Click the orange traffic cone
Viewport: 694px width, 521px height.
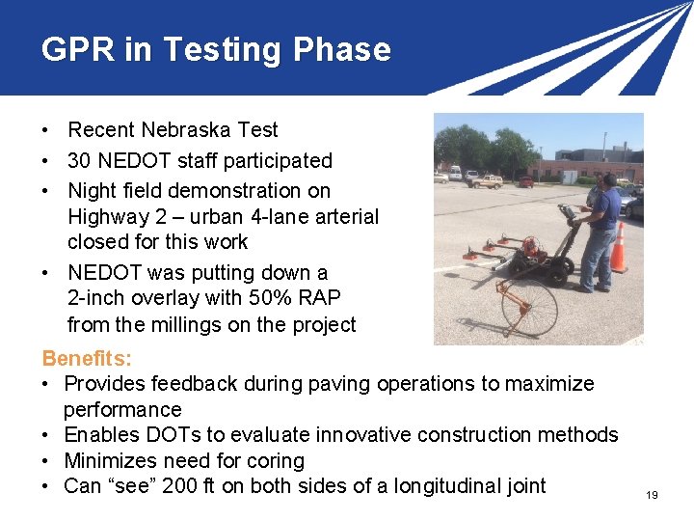click(619, 248)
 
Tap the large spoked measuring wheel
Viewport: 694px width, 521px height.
click(509, 314)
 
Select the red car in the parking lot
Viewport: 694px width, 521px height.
click(526, 180)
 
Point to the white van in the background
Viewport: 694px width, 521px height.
click(454, 173)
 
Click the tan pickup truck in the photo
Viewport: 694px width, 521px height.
click(488, 180)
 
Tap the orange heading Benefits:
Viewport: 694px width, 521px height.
click(87, 359)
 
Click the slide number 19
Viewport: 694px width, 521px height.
click(652, 495)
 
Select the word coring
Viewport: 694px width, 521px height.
click(273, 461)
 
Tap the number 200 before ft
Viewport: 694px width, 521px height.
click(180, 486)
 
